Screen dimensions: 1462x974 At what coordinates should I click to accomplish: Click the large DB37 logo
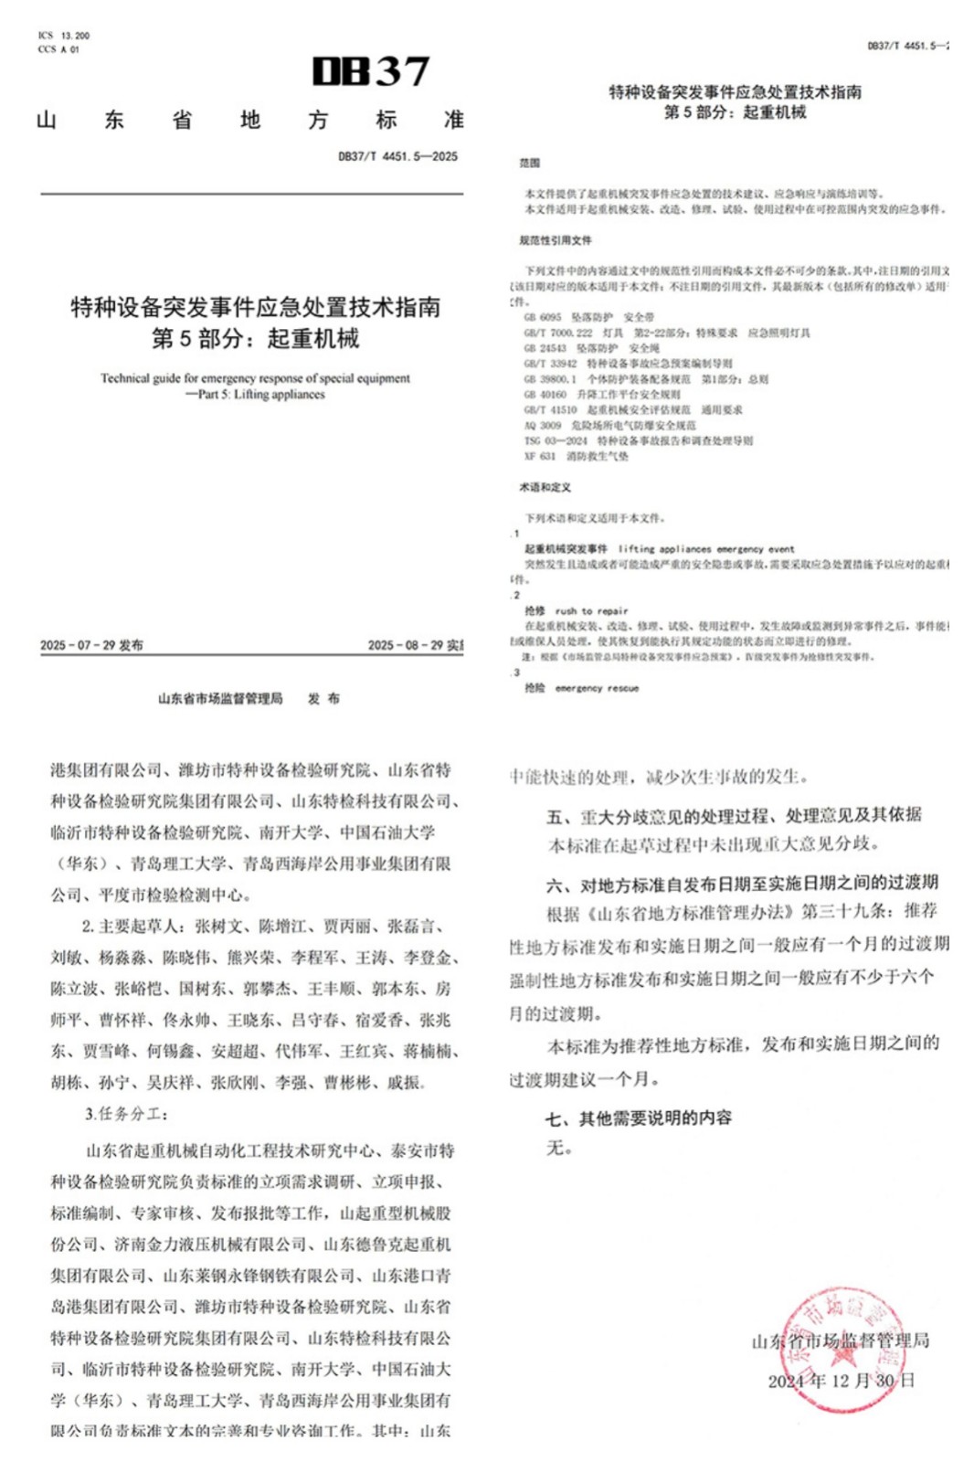point(370,71)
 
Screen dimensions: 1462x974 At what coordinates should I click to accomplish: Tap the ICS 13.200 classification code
point(64,36)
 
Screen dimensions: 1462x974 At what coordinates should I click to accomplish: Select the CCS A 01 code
point(59,49)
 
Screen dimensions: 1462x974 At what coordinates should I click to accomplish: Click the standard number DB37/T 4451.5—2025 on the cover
point(397,156)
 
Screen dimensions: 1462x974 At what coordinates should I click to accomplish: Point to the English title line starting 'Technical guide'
point(255,378)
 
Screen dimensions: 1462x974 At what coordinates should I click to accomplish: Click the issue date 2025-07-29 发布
point(91,645)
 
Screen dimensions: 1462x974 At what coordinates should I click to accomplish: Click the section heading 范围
point(530,163)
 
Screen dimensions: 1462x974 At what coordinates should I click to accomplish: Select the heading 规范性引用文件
point(556,240)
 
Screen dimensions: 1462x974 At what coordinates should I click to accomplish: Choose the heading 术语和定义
point(545,487)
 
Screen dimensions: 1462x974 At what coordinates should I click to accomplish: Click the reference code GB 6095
point(543,317)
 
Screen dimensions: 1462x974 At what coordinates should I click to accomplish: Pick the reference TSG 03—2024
point(556,440)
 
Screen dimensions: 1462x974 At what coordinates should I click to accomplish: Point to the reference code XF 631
point(540,456)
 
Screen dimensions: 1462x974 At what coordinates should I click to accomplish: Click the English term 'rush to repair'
point(591,611)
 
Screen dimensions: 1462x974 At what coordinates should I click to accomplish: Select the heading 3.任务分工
point(127,1114)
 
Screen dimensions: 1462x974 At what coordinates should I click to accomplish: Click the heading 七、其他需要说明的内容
point(639,1118)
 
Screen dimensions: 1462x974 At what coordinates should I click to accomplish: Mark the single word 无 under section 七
point(557,1148)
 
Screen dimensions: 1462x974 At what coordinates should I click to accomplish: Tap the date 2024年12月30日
point(841,1381)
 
